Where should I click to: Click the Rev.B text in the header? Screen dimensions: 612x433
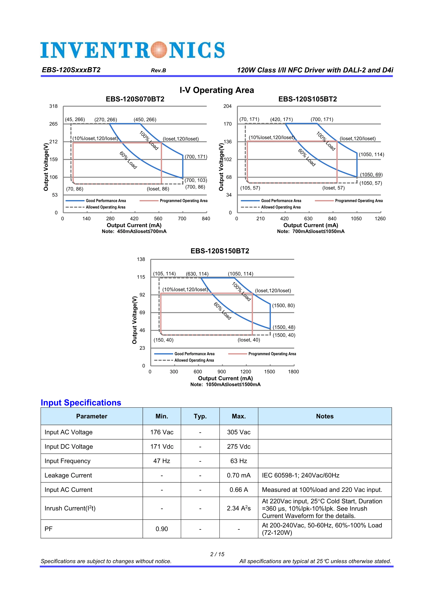[x=159, y=70]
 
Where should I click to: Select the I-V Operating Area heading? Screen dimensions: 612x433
[x=217, y=90]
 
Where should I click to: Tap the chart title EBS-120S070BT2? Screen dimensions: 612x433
[x=135, y=99]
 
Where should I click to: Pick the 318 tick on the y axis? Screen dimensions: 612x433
[x=53, y=106]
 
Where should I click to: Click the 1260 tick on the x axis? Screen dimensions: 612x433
[x=380, y=219]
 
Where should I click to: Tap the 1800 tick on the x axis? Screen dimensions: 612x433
[x=293, y=372]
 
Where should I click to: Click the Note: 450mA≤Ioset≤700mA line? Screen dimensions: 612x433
[x=134, y=231]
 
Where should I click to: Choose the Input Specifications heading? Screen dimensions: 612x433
[x=81, y=402]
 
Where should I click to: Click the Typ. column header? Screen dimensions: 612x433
[x=200, y=416]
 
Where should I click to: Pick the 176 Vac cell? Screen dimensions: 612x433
[x=162, y=432]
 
